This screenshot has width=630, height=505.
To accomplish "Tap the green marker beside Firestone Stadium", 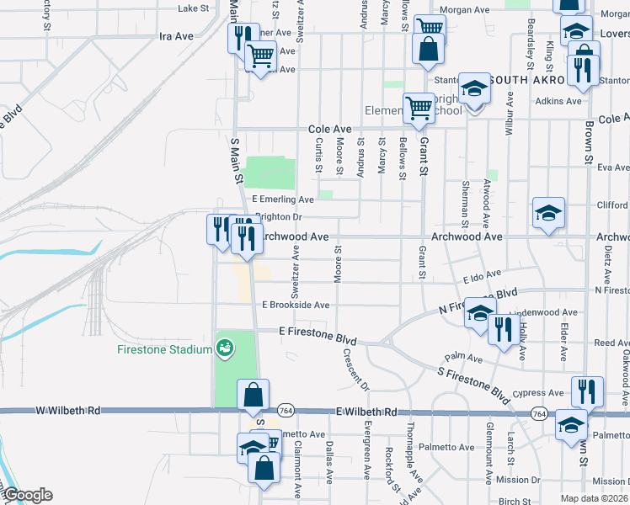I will click(x=225, y=347).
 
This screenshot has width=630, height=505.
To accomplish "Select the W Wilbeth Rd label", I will click(x=68, y=412).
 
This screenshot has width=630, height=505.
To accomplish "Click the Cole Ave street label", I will click(x=329, y=130).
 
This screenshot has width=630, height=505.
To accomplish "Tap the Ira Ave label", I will click(x=176, y=37).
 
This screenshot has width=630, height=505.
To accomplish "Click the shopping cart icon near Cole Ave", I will click(x=419, y=107).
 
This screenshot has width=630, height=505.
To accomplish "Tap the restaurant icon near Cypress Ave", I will click(x=587, y=391).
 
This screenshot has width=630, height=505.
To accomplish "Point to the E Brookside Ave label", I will click(x=296, y=305).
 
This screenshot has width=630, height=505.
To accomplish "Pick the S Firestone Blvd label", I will click(x=474, y=381).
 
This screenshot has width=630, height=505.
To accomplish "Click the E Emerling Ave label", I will click(x=283, y=199).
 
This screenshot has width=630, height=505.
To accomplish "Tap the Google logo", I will click(x=28, y=495).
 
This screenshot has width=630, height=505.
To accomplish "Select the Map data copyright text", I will click(x=594, y=498).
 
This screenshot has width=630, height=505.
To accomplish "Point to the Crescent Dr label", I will click(x=355, y=369).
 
